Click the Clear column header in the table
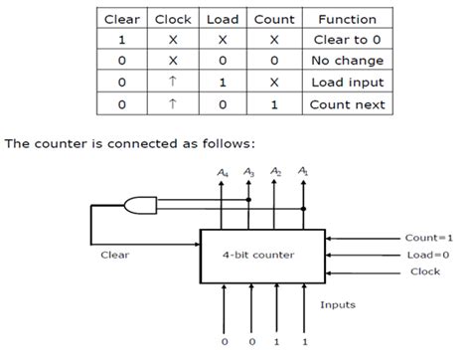(x=121, y=19)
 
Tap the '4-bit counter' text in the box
(x=262, y=254)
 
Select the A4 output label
(x=222, y=174)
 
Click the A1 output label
(x=303, y=174)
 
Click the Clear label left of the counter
(x=115, y=254)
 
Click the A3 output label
(x=248, y=174)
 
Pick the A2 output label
(x=275, y=174)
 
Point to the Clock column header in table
(x=171, y=19)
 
